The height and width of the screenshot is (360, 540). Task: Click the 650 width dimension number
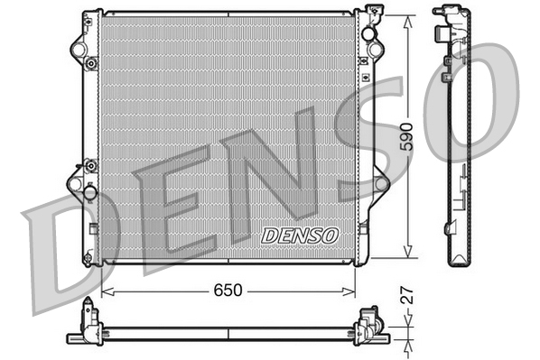[x=228, y=292]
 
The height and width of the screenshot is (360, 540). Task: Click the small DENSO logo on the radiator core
[x=300, y=235]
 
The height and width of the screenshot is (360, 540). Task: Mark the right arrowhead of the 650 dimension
[x=353, y=292]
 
